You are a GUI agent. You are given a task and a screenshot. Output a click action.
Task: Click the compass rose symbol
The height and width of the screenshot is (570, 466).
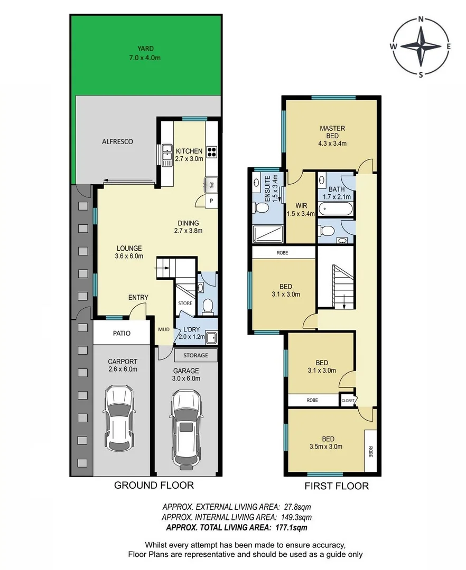pyautogui.click(x=421, y=46)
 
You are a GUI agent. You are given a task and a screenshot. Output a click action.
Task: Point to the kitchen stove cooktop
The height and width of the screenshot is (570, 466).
pyautogui.click(x=212, y=152)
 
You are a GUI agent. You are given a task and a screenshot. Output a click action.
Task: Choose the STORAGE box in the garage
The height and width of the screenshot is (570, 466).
pyautogui.click(x=195, y=355)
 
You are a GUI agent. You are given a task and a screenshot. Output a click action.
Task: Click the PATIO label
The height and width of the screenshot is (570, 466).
pyautogui.click(x=121, y=334)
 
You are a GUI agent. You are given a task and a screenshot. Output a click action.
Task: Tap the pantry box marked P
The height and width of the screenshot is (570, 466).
pyautogui.click(x=211, y=201)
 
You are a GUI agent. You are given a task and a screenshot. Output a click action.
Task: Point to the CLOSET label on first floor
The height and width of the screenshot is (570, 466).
pyautogui.click(x=348, y=401)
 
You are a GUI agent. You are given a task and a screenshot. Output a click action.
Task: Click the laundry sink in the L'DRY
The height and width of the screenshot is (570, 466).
pyautogui.click(x=211, y=338)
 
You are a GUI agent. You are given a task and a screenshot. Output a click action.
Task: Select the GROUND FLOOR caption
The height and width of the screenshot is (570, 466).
pyautogui.click(x=154, y=485)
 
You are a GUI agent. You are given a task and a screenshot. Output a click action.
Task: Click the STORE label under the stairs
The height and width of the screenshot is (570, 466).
pyautogui.click(x=185, y=303)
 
